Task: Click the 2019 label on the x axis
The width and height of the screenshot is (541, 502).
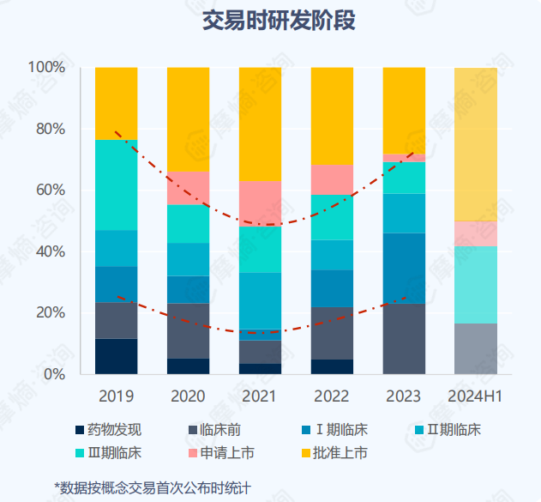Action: tap(116, 397)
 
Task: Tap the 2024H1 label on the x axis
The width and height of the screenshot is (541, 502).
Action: tap(475, 397)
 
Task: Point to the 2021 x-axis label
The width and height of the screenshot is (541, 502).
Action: tap(260, 397)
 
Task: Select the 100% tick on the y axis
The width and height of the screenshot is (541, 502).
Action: tap(46, 67)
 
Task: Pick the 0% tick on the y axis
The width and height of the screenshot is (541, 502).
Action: tap(53, 374)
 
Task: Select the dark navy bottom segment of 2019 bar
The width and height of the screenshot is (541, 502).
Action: tap(116, 356)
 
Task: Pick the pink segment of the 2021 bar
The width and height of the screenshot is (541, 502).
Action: tap(260, 203)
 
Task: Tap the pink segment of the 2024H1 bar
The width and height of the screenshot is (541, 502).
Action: tap(475, 233)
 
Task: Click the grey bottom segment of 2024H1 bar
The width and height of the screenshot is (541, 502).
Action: tap(475, 348)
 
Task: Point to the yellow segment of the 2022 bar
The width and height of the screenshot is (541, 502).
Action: tap(332, 115)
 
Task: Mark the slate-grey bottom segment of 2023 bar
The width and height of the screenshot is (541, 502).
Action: tap(404, 338)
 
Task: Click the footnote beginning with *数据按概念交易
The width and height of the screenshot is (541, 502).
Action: tap(153, 487)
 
